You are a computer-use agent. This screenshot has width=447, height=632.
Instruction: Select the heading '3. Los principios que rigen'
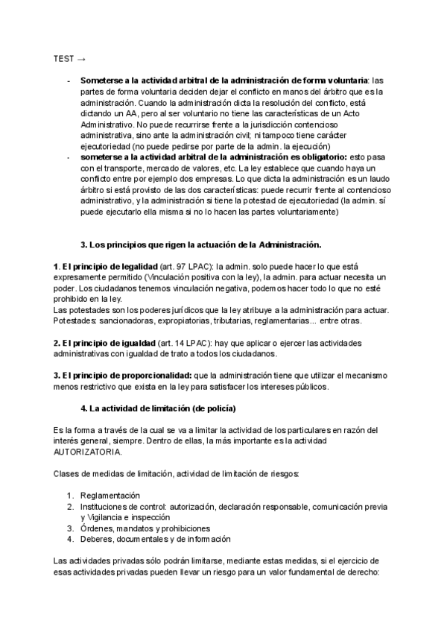point(200,244)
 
